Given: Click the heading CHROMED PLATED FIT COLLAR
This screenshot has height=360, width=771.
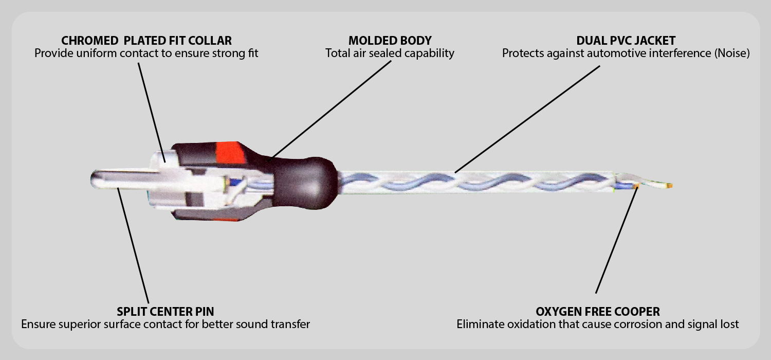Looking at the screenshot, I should pos(146,40).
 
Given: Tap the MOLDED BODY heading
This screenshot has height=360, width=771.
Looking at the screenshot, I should pos(390,40).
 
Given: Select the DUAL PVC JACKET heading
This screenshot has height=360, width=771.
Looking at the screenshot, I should pos(626,40).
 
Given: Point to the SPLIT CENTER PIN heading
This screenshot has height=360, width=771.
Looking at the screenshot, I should pos(165,311).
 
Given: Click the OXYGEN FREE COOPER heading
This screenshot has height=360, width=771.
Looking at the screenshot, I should pos(598,311).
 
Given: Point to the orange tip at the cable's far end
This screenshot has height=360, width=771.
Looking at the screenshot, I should pos(669,185).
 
